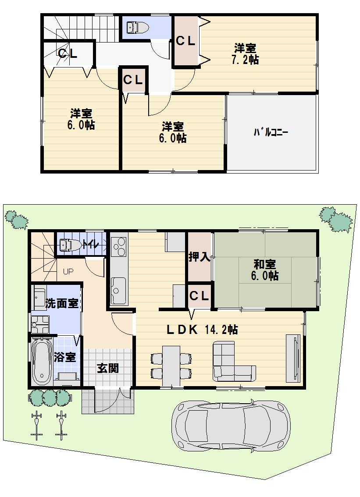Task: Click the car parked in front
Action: point(231,425)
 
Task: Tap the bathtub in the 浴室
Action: point(41,361)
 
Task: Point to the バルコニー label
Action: point(270,132)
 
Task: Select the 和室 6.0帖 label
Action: point(264,270)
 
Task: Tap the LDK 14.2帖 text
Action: point(201,330)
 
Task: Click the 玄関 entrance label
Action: point(107,368)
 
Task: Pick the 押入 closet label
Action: point(200,257)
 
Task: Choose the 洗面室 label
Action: point(62,303)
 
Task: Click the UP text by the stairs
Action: point(68,271)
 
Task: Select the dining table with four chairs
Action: point(171,365)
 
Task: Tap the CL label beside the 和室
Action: point(199,296)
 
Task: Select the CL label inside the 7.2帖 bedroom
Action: point(185,41)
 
